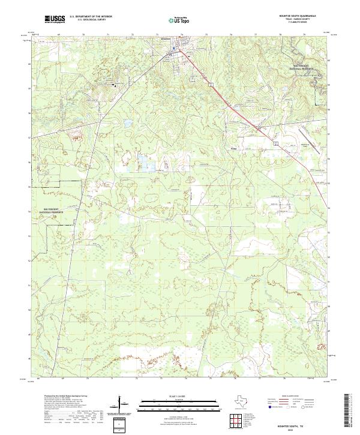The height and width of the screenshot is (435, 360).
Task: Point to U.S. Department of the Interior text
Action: click(90, 17)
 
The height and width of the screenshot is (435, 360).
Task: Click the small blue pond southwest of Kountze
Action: click(127, 124)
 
